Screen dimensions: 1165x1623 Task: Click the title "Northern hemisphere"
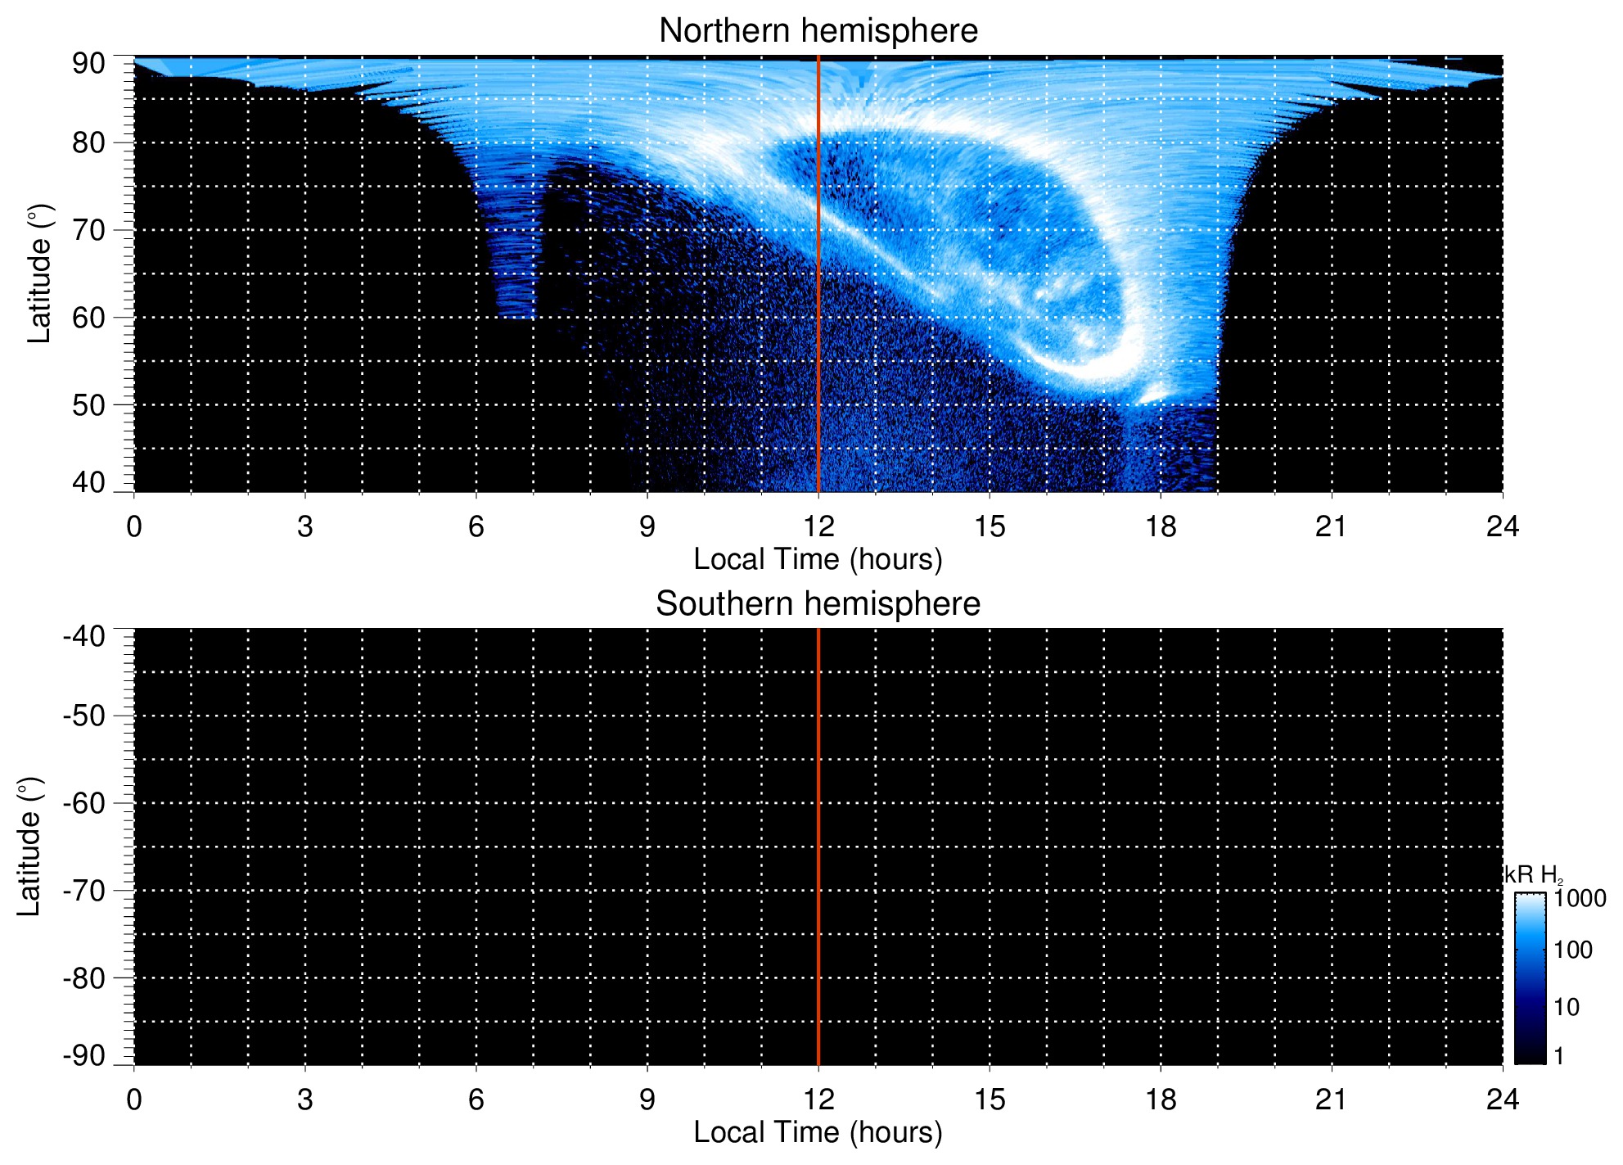[x=818, y=31]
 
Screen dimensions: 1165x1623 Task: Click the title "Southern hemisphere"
[x=818, y=604]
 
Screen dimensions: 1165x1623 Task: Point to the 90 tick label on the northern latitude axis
[x=88, y=64]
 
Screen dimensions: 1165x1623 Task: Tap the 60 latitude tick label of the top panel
[x=88, y=318]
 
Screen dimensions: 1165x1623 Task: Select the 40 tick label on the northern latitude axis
[x=88, y=482]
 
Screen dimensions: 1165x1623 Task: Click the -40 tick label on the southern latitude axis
[x=84, y=636]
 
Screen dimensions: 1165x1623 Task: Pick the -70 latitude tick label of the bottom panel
[x=84, y=891]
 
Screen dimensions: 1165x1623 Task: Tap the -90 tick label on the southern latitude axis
[x=84, y=1055]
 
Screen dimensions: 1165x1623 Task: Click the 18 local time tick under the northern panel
[x=1161, y=526]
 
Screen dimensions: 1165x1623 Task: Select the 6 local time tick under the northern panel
[x=476, y=526]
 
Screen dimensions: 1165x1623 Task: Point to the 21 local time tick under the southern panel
[x=1332, y=1100]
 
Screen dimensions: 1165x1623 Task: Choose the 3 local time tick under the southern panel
[x=305, y=1100]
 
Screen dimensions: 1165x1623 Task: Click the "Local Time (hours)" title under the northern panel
[x=818, y=560]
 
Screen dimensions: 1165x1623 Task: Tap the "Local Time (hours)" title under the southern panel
[x=818, y=1133]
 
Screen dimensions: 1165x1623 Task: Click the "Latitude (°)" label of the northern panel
[x=39, y=273]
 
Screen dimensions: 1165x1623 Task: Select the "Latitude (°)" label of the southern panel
[x=29, y=847]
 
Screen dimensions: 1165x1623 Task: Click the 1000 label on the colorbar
[x=1580, y=899]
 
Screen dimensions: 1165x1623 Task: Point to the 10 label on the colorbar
[x=1567, y=1007]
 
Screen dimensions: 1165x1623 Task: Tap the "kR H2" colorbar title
[x=1533, y=875]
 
